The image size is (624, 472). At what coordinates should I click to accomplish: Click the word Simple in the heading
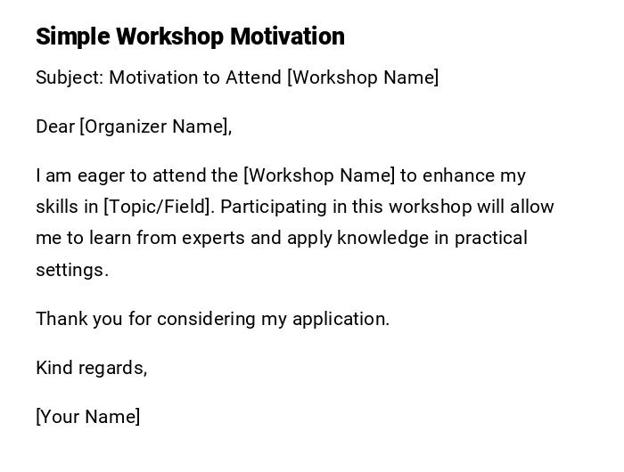73,37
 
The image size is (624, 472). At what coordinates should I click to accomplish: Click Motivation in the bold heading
287,37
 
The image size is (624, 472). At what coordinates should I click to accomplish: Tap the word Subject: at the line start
70,77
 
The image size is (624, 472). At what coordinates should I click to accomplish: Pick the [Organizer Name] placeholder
155,126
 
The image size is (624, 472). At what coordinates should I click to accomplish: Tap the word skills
57,207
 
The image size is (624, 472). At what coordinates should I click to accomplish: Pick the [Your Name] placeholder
88,417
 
